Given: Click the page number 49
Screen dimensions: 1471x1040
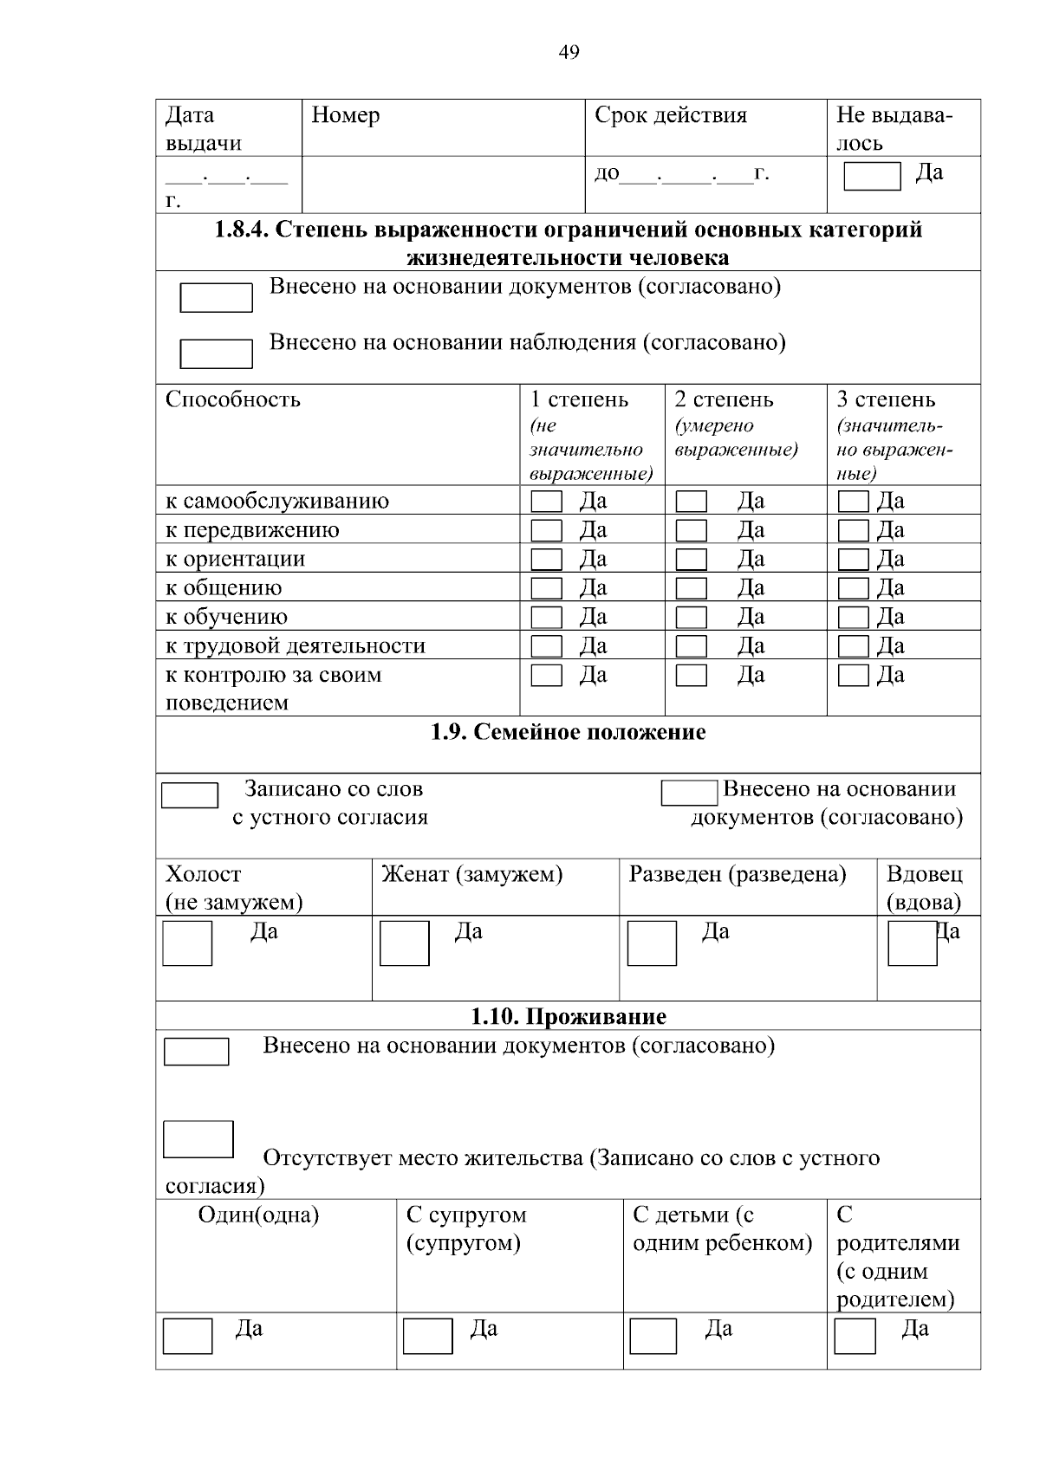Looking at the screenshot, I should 569,52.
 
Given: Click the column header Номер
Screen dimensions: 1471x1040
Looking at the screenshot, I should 345,115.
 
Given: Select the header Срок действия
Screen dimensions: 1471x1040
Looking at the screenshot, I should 670,115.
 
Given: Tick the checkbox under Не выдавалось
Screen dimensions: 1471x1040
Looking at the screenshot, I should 872,176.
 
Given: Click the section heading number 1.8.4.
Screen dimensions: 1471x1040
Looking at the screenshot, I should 242,230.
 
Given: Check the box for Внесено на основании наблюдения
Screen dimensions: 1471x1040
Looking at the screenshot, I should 216,353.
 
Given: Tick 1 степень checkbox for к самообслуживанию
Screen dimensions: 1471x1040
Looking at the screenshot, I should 546,502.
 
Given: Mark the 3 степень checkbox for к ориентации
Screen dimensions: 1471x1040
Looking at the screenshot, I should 853,560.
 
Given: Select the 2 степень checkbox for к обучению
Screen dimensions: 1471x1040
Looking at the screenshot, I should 691,618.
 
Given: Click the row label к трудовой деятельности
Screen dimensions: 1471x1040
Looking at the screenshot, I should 296,645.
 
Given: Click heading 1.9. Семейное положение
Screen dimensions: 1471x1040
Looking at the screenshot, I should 569,732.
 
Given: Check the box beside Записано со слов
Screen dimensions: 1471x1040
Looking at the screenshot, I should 190,795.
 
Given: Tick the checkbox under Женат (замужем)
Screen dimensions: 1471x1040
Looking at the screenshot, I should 404,943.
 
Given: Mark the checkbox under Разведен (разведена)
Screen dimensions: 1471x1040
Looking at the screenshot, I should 652,943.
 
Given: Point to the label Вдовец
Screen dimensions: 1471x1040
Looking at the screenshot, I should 924,874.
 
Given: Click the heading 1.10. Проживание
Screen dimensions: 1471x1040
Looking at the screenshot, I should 569,1016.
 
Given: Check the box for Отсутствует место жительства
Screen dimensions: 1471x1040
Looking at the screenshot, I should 198,1139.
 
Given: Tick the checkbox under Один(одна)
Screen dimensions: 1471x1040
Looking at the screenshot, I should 187,1336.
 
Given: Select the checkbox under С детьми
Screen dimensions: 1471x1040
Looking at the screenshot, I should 653,1336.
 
